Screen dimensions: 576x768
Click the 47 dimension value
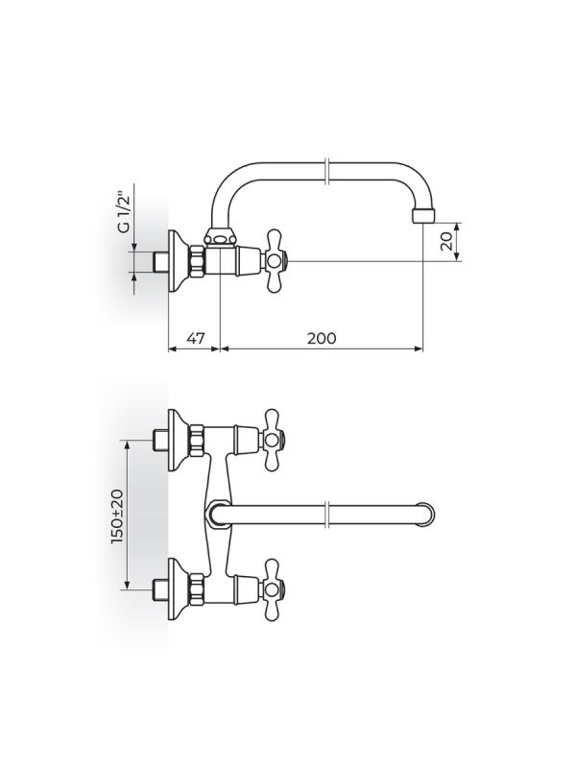tap(195, 338)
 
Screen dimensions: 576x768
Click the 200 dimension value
tap(322, 338)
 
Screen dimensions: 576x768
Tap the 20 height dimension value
tap(446, 242)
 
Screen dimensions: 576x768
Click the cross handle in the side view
tap(275, 260)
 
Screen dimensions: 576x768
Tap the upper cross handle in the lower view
tap(274, 441)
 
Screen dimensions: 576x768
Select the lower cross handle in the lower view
tap(274, 588)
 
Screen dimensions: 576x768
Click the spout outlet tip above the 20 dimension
tap(423, 214)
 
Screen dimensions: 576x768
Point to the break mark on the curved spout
tap(328, 172)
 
